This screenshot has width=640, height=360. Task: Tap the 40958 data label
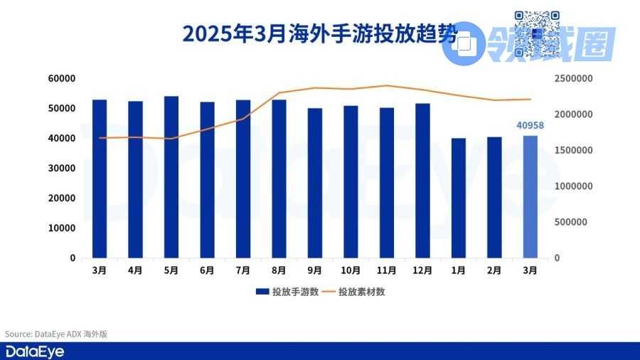tap(530, 125)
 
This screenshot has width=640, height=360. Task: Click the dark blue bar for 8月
tap(279, 179)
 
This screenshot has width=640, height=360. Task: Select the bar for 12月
tap(422, 181)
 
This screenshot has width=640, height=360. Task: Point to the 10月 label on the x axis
tap(351, 271)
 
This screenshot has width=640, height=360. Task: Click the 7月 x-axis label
tap(243, 271)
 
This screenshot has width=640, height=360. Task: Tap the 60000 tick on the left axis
tap(61, 78)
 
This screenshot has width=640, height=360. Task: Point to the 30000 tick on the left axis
tap(61, 168)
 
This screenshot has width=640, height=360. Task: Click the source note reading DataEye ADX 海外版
tap(56, 334)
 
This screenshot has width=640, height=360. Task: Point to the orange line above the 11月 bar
tap(386, 85)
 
